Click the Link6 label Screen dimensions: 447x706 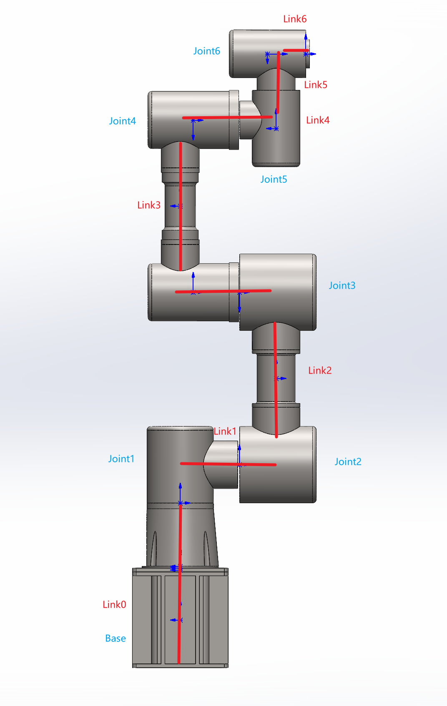pyautogui.click(x=295, y=19)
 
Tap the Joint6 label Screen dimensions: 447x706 pyautogui.click(x=207, y=51)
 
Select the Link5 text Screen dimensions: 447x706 pyautogui.click(x=316, y=85)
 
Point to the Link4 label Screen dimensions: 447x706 pyautogui.click(x=318, y=120)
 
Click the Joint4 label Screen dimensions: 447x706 pyautogui.click(x=123, y=121)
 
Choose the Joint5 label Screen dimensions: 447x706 pyautogui.click(x=274, y=180)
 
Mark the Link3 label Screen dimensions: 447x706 pyautogui.click(x=148, y=205)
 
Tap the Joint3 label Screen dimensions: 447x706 pyautogui.click(x=342, y=286)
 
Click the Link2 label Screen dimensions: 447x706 pyautogui.click(x=319, y=370)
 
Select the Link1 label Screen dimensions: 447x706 pyautogui.click(x=225, y=431)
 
